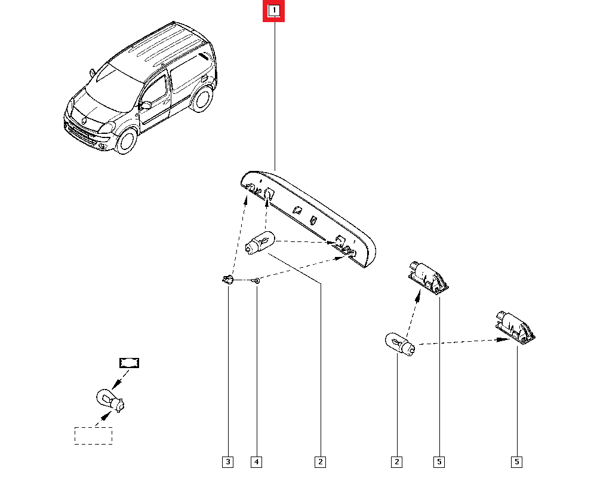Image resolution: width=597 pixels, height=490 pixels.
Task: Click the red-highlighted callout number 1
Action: pos(274,11)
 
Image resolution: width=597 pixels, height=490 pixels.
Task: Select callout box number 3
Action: pos(227,462)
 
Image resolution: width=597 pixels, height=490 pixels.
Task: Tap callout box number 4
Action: pos(256,462)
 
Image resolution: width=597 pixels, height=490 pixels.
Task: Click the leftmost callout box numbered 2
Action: pos(320,462)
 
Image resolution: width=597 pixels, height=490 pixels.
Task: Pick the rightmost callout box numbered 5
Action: pos(516,462)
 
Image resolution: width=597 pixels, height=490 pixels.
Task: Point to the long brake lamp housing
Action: pos(309,218)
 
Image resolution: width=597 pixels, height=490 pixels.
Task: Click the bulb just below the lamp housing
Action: pos(260,243)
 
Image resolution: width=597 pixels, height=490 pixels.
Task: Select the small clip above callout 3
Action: pos(227,280)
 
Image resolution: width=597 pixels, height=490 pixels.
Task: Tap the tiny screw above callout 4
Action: pos(257,281)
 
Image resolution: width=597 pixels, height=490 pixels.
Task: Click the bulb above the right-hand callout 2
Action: pos(400,344)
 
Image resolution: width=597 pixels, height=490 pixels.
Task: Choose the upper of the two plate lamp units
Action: pos(428,277)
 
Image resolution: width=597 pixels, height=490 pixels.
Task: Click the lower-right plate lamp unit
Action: pos(515,327)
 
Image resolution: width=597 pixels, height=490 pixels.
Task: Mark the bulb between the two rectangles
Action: pos(110,400)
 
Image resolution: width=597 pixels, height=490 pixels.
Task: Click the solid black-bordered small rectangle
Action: pos(130,363)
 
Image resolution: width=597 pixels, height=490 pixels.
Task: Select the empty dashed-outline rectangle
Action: pos(93,436)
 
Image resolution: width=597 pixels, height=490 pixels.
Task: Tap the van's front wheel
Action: pos(126,141)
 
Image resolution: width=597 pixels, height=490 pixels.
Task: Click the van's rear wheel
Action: pos(202,99)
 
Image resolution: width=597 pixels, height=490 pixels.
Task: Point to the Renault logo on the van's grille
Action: pos(84,121)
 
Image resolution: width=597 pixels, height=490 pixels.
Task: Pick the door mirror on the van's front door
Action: pos(146,105)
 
